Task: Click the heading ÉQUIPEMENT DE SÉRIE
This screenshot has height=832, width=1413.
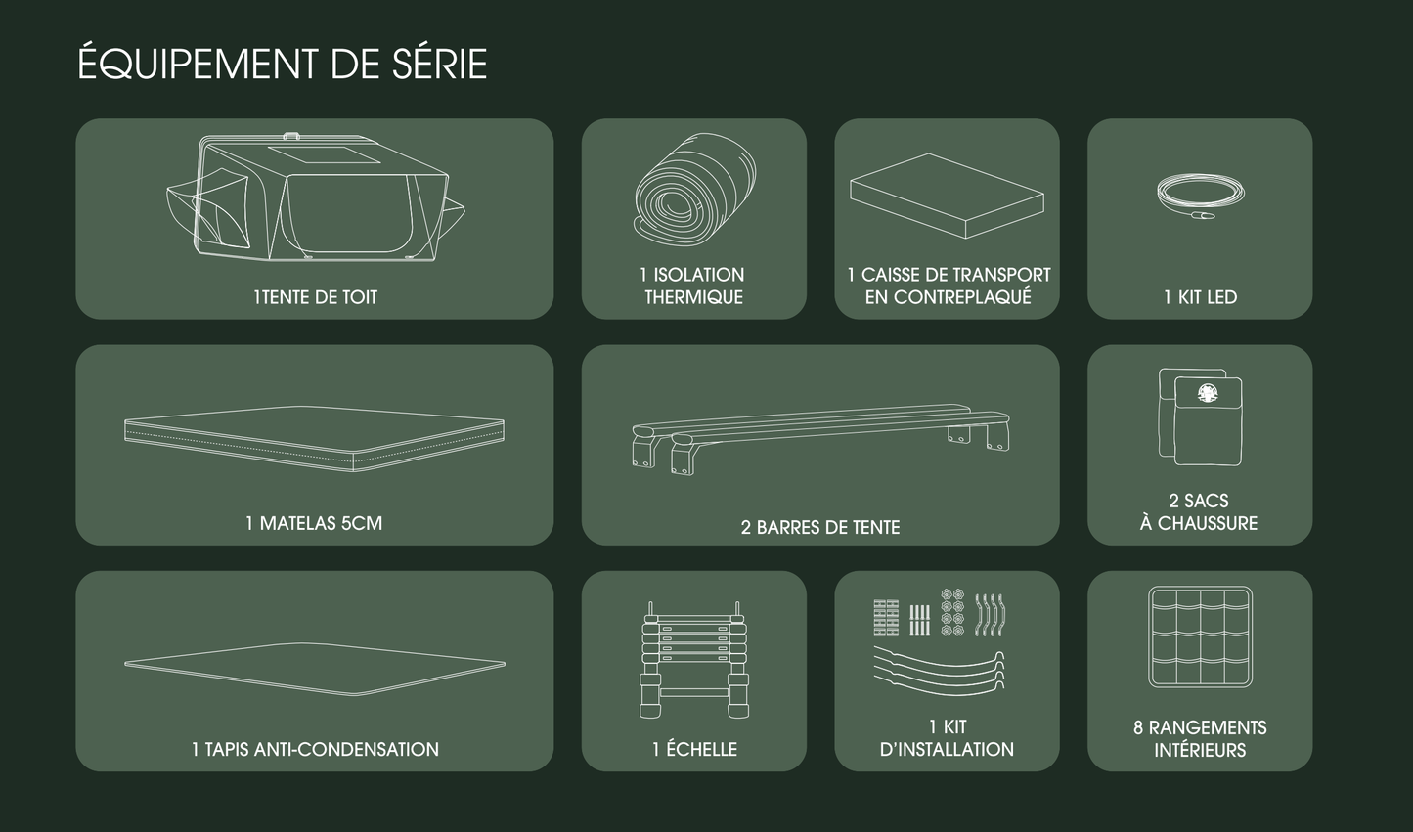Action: click(x=282, y=65)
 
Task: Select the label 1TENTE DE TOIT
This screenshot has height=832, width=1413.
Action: click(x=315, y=297)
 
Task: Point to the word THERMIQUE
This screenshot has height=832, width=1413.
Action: click(x=693, y=297)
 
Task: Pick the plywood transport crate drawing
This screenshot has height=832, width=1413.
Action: click(x=947, y=196)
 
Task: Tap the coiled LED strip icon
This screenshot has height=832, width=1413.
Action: click(x=1200, y=192)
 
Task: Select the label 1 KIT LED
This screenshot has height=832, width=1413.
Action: click(x=1200, y=297)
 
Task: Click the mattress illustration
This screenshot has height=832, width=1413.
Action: click(x=314, y=436)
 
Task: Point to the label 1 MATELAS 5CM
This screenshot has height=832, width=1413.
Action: click(x=314, y=523)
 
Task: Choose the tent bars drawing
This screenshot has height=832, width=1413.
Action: click(x=819, y=436)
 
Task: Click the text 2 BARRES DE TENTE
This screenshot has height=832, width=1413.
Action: click(x=819, y=527)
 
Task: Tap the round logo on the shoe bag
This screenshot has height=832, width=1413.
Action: click(x=1208, y=393)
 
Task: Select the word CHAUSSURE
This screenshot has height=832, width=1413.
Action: click(x=1208, y=523)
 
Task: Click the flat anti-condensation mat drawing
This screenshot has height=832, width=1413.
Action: click(x=314, y=669)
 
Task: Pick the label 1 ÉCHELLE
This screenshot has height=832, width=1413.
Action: click(x=693, y=749)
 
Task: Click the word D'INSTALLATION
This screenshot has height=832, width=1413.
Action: click(x=947, y=749)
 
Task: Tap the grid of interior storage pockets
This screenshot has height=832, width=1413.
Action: click(x=1200, y=637)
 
